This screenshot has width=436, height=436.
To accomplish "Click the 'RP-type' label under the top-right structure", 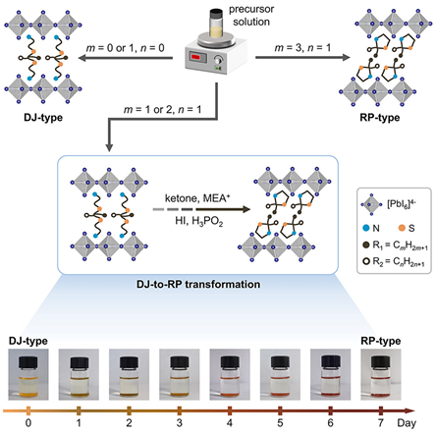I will [384, 128].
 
